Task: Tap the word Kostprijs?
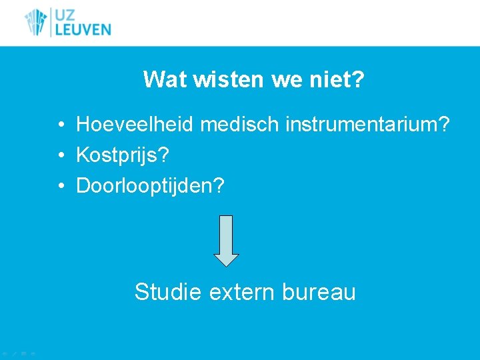123,155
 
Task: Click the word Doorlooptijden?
151,186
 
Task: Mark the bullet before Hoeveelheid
60,124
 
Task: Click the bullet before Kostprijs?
60,156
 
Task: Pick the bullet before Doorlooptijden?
60,187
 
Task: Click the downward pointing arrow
226,240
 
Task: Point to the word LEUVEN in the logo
83,29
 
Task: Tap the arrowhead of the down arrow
226,259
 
